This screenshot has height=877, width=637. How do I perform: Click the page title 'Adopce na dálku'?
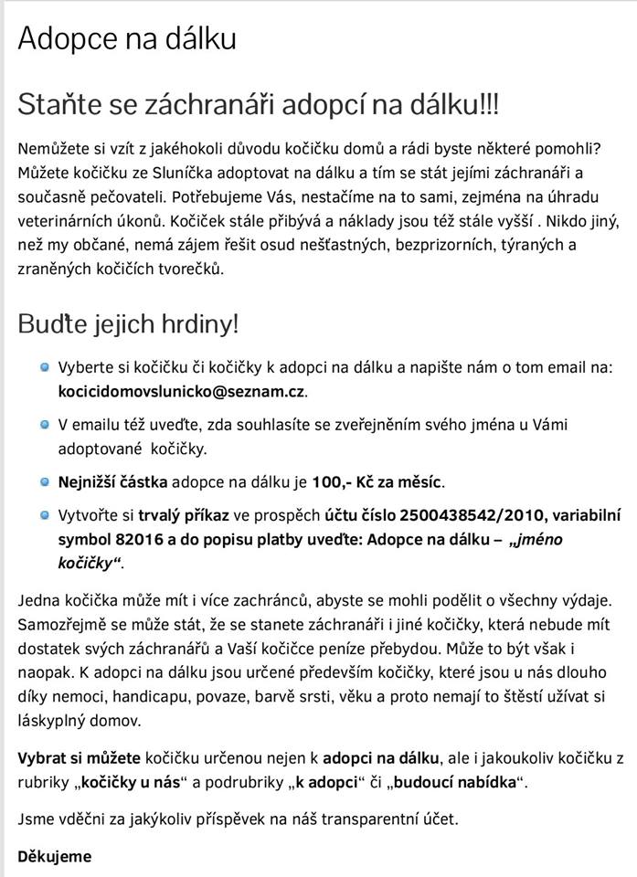pyautogui.click(x=127, y=37)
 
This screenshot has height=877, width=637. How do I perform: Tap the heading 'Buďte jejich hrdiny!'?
pyautogui.click(x=128, y=323)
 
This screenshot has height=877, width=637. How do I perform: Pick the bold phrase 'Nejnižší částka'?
pyautogui.click(x=112, y=481)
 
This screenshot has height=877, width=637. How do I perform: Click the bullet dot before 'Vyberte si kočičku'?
pyautogui.click(x=44, y=367)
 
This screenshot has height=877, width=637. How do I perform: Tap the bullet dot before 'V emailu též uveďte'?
pyautogui.click(x=44, y=425)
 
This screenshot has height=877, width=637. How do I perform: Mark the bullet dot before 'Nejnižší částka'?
pyautogui.click(x=44, y=481)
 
